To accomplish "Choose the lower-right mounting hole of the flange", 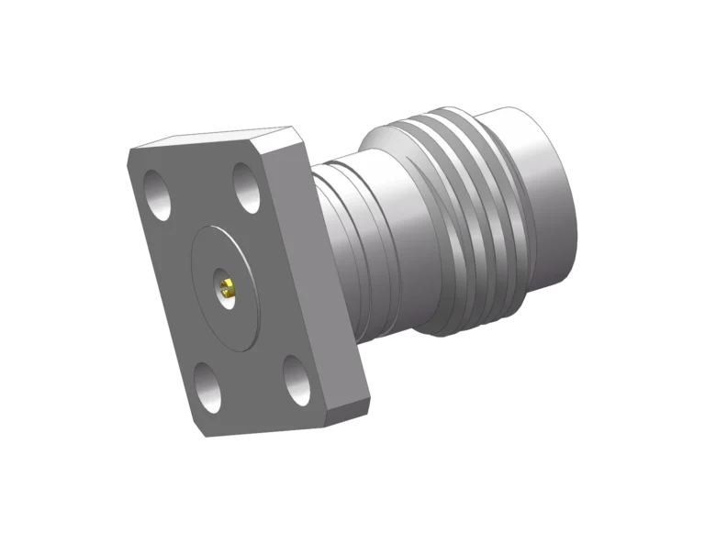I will tap(297, 380).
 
